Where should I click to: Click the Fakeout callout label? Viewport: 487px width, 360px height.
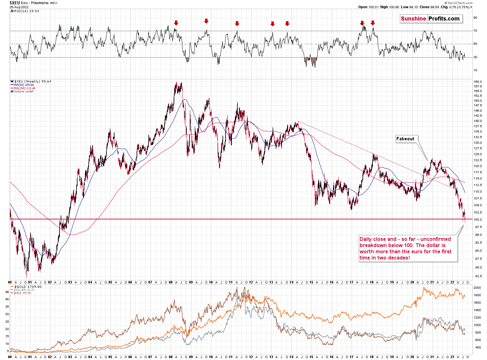[405, 139]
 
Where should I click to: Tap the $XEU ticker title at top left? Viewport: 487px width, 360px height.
[15, 3]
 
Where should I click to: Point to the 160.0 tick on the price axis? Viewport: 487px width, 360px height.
[478, 82]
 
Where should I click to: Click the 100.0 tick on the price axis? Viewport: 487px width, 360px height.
[478, 220]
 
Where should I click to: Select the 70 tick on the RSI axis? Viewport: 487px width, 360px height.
[475, 31]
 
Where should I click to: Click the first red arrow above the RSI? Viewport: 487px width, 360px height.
[176, 23]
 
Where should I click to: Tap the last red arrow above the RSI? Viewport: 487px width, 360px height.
[373, 23]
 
